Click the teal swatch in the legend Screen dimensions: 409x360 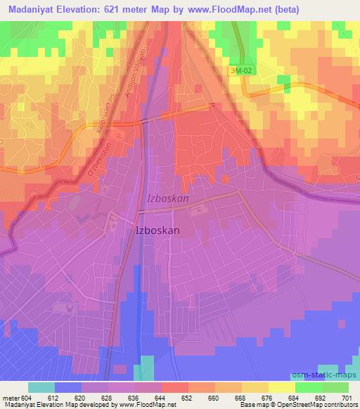point(41,387)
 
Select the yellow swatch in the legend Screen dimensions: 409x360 point(282,387)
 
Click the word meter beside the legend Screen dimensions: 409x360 point(11,397)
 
